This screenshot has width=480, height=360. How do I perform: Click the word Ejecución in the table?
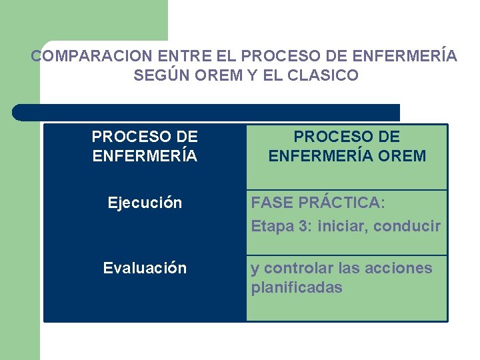tap(145, 203)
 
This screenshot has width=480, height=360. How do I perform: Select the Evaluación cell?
tap(145, 268)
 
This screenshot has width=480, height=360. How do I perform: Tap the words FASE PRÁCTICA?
tap(318, 203)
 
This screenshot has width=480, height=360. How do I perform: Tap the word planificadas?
tap(296, 288)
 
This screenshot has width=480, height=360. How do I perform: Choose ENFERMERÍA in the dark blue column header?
tap(145, 156)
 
